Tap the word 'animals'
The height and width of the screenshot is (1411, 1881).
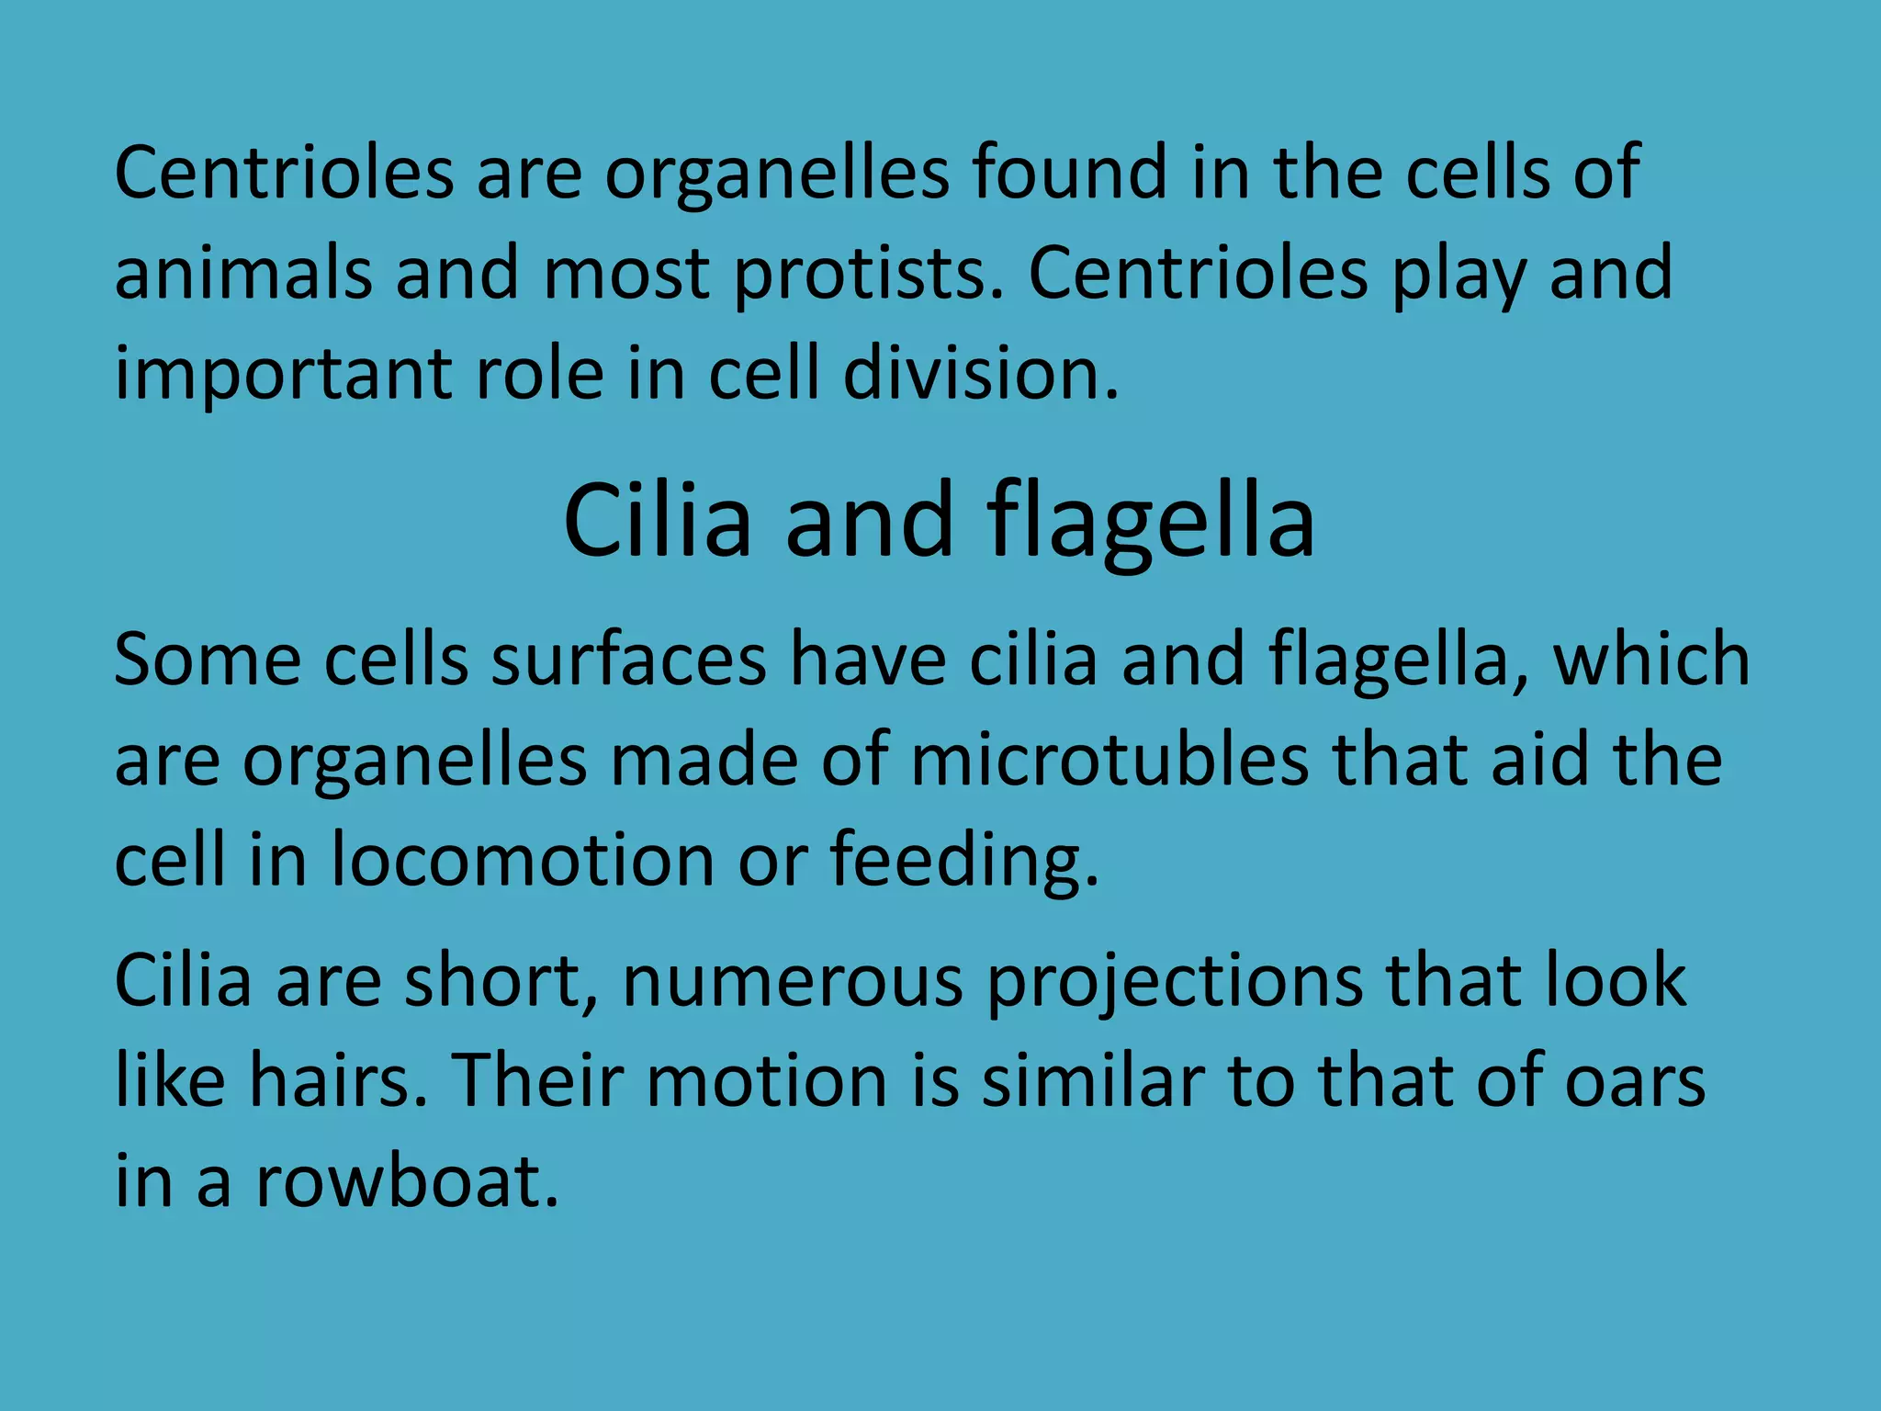coord(242,273)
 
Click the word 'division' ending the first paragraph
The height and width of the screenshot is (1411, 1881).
coord(979,374)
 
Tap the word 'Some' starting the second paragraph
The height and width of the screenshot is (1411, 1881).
coord(208,659)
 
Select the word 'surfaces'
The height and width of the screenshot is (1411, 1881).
coord(628,659)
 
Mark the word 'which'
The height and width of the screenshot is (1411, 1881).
coord(1650,659)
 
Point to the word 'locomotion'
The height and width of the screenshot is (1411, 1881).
coord(522,860)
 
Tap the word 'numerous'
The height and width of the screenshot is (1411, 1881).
coord(793,981)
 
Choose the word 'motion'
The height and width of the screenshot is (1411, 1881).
coord(766,1080)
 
